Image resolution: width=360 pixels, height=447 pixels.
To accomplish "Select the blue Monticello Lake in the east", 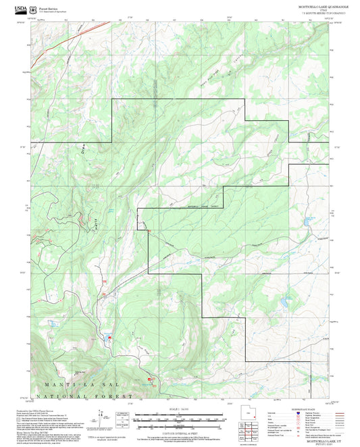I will [308, 220].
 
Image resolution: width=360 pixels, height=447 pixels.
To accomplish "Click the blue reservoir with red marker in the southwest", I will [108, 335].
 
